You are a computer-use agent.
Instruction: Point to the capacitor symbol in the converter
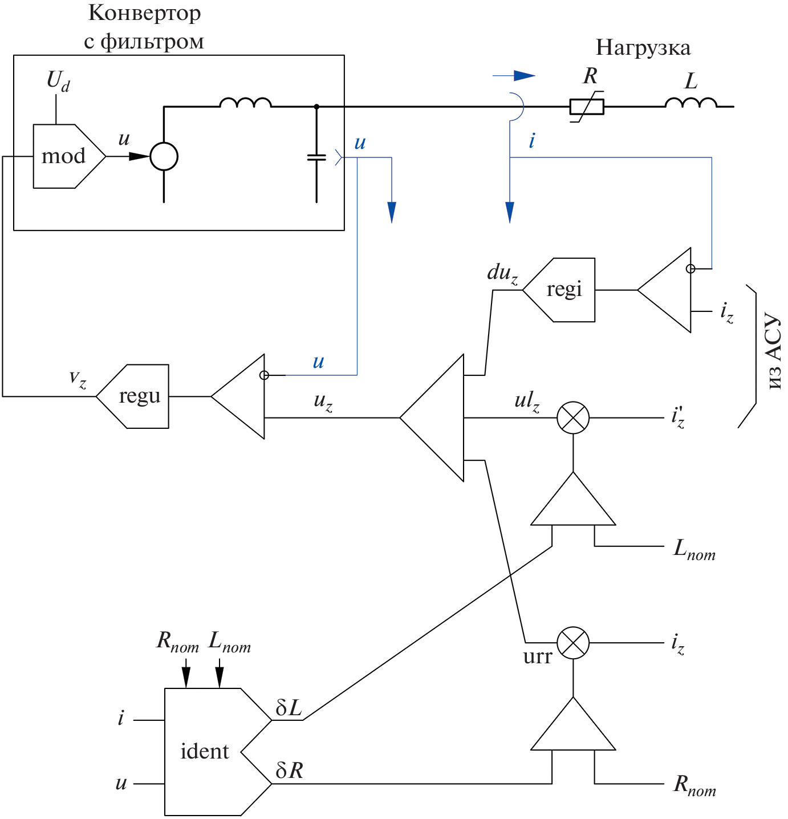[x=316, y=157]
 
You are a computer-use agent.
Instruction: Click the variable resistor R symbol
[x=587, y=107]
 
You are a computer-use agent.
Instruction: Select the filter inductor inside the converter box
[x=246, y=103]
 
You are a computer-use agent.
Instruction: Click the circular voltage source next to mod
[x=164, y=156]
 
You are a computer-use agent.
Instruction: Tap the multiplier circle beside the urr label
[x=572, y=643]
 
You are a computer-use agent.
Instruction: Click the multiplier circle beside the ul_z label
[x=572, y=417]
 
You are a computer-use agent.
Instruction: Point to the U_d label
[x=58, y=80]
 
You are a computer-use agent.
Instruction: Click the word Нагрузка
[x=643, y=47]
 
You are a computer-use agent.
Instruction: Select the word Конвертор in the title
[x=144, y=13]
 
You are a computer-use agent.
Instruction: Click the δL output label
[x=289, y=708]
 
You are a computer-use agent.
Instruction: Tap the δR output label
[x=289, y=771]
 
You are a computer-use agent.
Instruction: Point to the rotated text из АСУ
[x=773, y=351]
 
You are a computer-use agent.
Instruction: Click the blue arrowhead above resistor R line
[x=524, y=76]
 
